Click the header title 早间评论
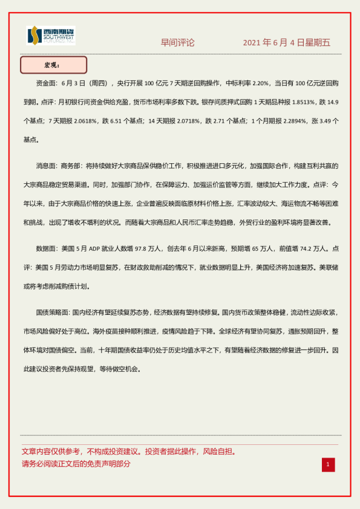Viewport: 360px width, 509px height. (177, 43)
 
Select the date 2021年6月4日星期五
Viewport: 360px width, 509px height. (286, 43)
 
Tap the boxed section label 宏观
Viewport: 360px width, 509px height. (53, 65)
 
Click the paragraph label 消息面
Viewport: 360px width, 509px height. (47, 164)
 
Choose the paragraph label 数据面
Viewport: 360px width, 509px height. (47, 248)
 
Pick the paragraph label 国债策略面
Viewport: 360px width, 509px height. (53, 313)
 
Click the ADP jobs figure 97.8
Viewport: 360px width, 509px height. (142, 248)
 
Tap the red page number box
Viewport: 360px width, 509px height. (328, 464)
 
